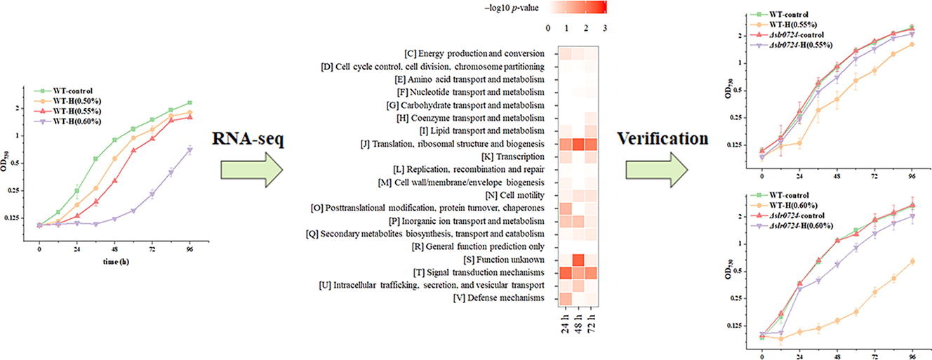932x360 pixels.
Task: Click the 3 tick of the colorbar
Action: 605,28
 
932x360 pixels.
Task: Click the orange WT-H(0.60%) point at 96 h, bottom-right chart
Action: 912,261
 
